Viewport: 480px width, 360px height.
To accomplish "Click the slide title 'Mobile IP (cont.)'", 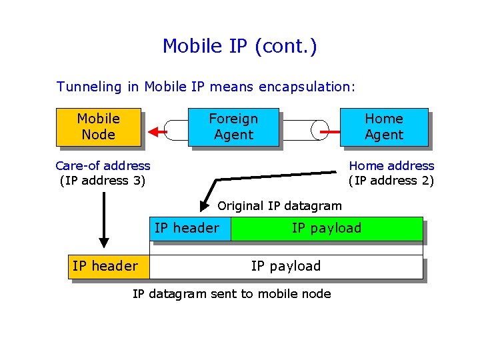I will [x=239, y=46].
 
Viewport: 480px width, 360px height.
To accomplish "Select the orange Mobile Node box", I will [x=99, y=127].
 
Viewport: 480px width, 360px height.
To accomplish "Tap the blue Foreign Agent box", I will [x=233, y=127].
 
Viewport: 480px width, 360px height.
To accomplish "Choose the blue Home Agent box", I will [x=384, y=127].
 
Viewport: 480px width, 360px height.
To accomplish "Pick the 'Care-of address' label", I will [x=103, y=165].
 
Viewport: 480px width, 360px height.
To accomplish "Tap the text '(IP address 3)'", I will [x=103, y=180].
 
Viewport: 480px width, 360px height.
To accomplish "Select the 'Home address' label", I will [x=391, y=165].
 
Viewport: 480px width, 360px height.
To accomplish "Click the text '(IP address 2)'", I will [x=391, y=180].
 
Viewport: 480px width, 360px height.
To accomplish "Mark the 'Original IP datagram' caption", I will [x=279, y=206].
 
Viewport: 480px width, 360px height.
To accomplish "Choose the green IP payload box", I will [x=327, y=228].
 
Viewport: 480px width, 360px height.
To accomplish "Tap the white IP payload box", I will [x=286, y=266].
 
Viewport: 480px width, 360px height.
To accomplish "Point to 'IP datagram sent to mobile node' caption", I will [x=231, y=294].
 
